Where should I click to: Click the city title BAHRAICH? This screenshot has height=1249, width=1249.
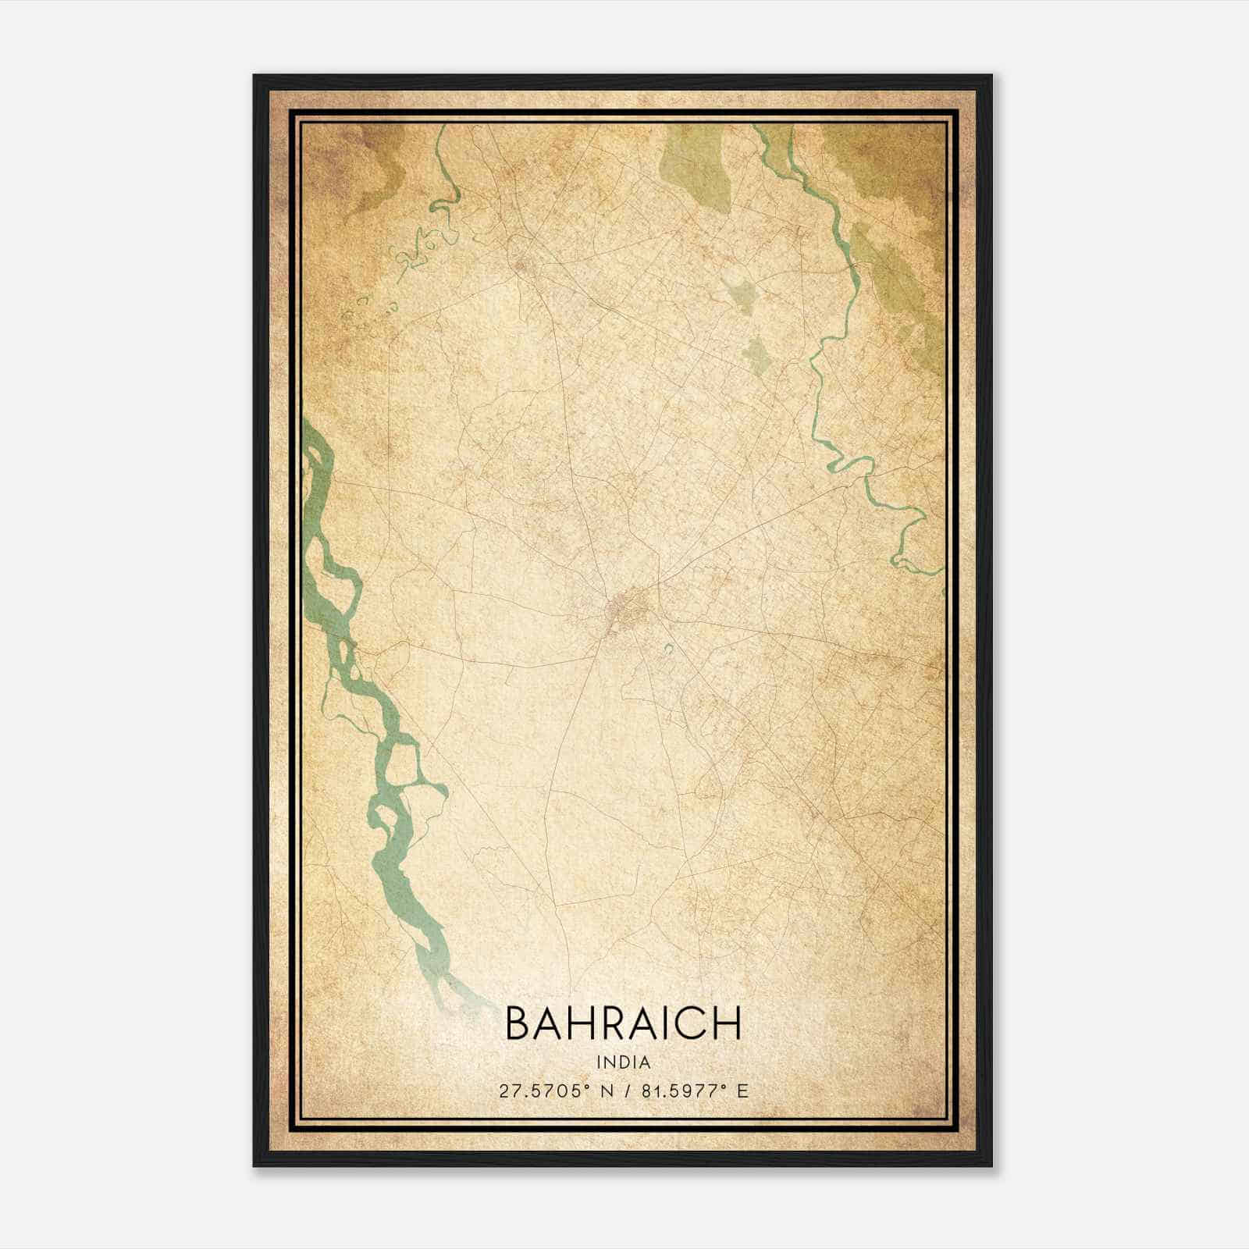pyautogui.click(x=624, y=1023)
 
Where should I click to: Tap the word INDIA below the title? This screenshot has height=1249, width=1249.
pyautogui.click(x=624, y=1062)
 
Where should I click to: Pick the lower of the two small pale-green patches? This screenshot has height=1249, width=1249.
pyautogui.click(x=755, y=354)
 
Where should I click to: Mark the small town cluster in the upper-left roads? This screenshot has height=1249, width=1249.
pyautogui.click(x=521, y=265)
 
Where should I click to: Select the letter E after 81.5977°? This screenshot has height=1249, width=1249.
pyautogui.click(x=743, y=1091)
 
